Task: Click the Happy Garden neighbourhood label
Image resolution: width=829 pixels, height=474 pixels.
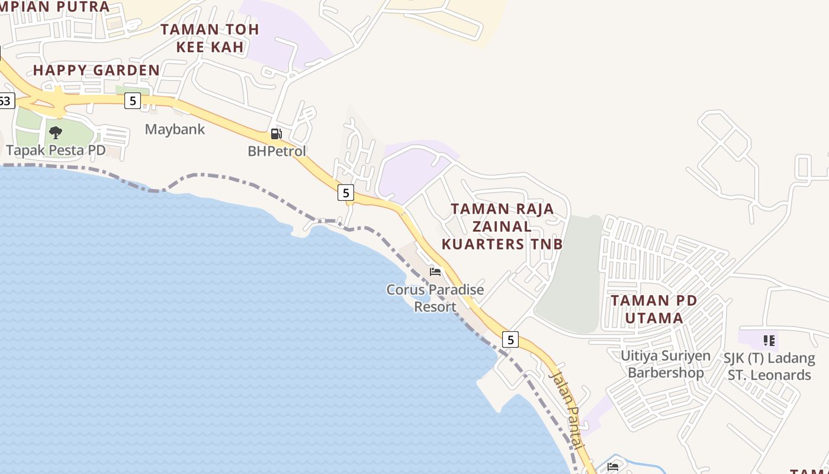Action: pos(96,70)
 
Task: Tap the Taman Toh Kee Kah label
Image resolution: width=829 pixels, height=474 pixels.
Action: pos(210,38)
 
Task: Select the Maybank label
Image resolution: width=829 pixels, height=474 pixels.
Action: pos(175,129)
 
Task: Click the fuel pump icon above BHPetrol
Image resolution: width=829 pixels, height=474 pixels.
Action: pos(276,134)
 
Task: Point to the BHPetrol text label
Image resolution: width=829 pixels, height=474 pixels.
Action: pos(277,151)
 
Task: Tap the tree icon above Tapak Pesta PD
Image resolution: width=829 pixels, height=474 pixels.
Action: pos(56,132)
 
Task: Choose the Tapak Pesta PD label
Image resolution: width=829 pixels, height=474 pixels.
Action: pos(56,150)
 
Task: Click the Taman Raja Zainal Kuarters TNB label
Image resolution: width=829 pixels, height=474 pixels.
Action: pos(502,226)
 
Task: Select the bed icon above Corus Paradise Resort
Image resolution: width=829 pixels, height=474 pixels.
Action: pos(435,273)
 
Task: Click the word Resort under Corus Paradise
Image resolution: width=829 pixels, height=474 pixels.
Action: pos(435,307)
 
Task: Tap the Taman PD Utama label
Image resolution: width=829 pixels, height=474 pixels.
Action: pos(654,309)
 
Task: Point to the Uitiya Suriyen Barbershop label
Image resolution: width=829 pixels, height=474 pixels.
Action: pos(666,364)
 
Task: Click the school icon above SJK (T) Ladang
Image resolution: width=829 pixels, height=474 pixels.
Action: pos(769,341)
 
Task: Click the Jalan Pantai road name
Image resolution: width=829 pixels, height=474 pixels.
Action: pos(567,409)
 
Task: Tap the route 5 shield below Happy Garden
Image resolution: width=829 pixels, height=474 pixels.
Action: pos(132,101)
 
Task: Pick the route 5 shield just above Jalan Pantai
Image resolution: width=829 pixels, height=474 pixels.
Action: pos(510,340)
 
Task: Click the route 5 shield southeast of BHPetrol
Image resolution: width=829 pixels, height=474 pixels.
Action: pos(346,192)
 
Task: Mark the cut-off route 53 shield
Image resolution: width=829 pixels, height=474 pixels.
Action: pos(6,101)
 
